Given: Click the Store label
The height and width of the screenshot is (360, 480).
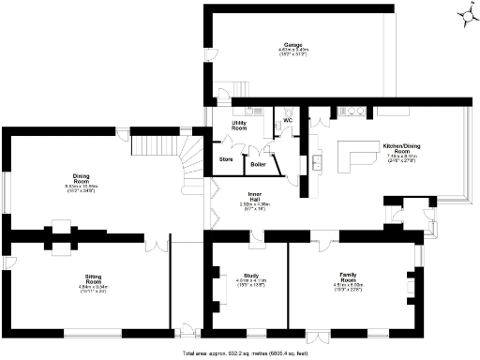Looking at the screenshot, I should tap(226, 159).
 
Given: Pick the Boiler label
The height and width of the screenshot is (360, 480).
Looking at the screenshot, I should tap(257, 165).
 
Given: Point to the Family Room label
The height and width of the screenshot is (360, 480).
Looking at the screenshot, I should tap(349, 280).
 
